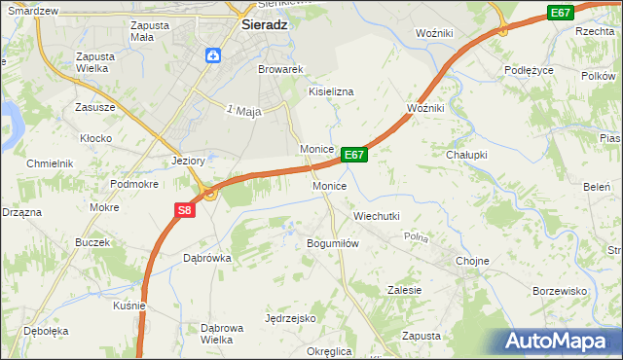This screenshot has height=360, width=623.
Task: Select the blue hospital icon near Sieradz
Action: [212, 55]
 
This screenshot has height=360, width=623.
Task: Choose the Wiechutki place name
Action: [376, 216]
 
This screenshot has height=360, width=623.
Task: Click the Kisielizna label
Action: [331, 90]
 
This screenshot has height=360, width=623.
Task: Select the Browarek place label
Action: [281, 70]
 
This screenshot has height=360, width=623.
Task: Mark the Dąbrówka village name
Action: [206, 258]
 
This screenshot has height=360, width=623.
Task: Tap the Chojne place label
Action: [472, 261]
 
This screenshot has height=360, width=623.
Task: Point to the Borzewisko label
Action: [560, 291]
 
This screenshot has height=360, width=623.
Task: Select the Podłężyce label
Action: [529, 70]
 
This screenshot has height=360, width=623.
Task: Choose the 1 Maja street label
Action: [244, 112]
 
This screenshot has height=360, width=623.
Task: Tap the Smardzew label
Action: [30, 11]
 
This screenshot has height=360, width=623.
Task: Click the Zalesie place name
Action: [404, 290]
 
